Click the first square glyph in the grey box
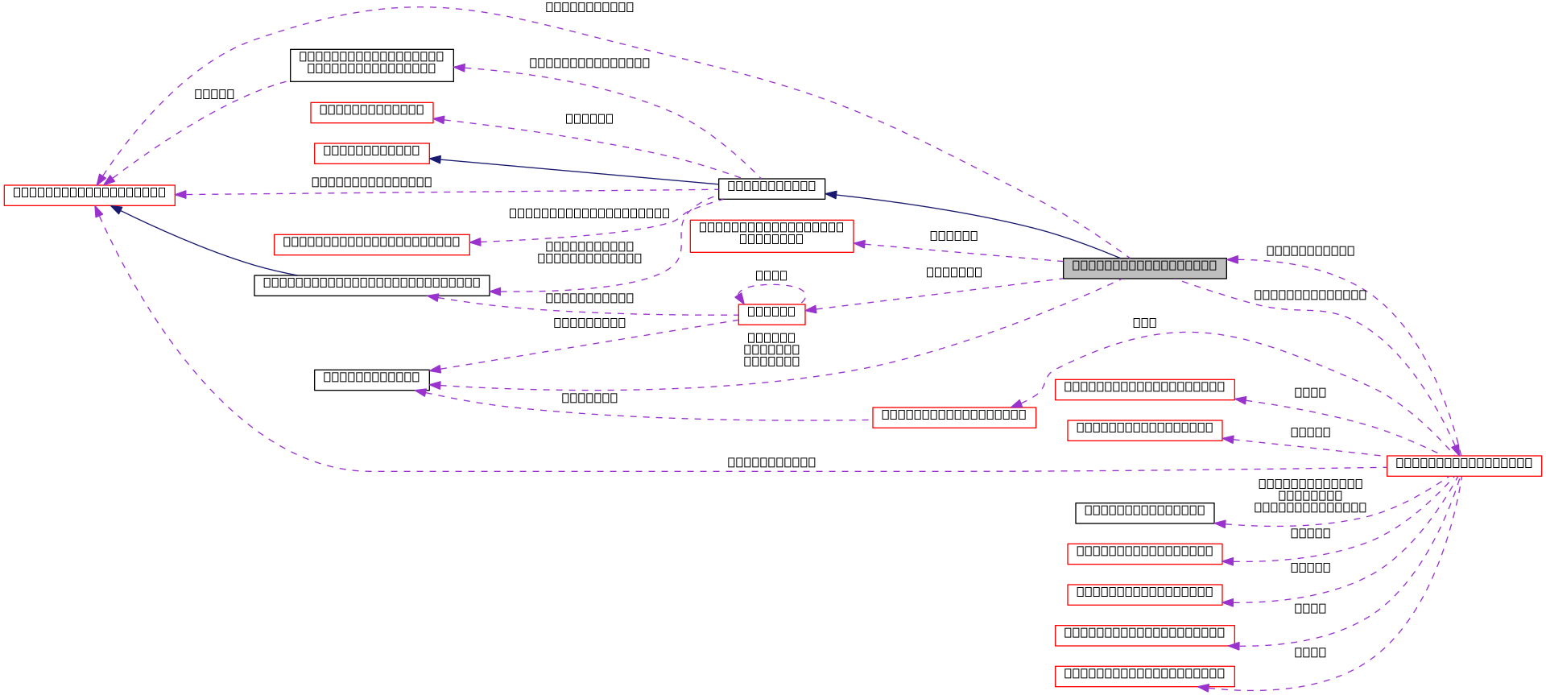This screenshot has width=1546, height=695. (1077, 266)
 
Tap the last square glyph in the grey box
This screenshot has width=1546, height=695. (1212, 266)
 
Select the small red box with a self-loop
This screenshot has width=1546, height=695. (771, 315)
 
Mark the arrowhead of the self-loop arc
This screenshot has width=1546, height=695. (739, 298)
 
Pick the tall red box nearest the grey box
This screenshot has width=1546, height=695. (771, 236)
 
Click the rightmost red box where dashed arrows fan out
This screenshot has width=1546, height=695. (1464, 466)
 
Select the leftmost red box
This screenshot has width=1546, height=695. (89, 196)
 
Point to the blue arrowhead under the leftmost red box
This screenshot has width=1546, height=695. (118, 209)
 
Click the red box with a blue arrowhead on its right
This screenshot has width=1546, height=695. (372, 153)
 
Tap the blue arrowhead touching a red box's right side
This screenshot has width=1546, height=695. (436, 159)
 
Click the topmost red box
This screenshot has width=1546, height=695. (372, 113)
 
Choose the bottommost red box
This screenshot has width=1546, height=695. (1144, 676)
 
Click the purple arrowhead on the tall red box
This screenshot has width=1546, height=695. (860, 243)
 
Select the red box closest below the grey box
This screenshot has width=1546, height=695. (1144, 390)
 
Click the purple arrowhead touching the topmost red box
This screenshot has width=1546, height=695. (440, 119)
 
